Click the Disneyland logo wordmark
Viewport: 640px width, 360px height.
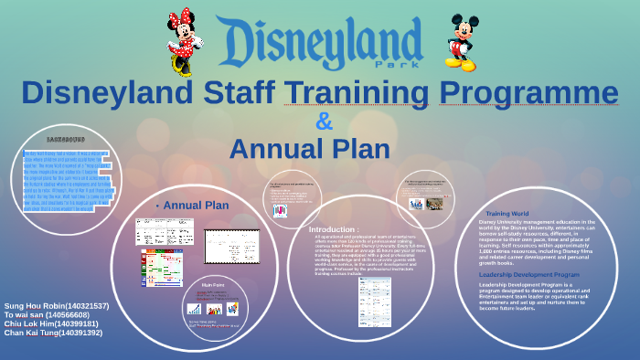(320, 41)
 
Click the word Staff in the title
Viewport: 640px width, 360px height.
(229, 92)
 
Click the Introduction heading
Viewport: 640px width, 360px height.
(334, 228)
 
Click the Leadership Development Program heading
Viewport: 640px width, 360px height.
(528, 274)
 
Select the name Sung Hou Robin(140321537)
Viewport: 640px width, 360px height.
(57, 305)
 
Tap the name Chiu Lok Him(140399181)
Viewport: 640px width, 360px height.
(51, 323)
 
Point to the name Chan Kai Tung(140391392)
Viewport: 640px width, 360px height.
(53, 333)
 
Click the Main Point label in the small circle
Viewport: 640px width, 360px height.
(213, 285)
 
